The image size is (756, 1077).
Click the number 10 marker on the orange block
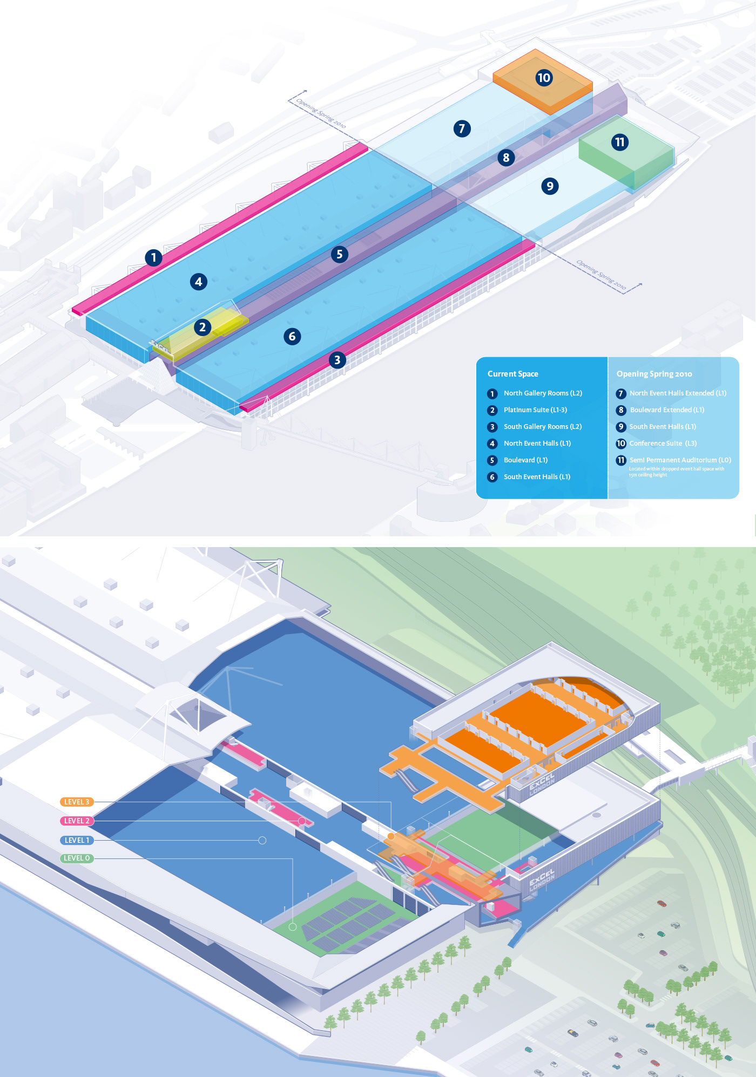544,78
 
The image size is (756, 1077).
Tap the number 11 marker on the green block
619,142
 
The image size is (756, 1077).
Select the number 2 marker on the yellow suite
202,327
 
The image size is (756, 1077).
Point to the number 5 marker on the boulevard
339,254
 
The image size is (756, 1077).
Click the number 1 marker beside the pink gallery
153,257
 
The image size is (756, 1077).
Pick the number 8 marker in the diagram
506,158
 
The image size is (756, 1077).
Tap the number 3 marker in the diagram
337,360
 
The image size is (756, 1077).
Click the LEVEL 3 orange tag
77,802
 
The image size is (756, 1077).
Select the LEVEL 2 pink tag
77,821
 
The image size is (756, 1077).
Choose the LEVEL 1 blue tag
77,840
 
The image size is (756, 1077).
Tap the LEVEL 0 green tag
77,858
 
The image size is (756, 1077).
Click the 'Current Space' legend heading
512,374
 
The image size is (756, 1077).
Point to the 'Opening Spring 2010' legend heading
654,374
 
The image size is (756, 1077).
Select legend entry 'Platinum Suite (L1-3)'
535,410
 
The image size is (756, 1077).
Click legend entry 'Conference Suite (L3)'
663,444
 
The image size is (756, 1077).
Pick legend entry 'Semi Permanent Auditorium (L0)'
680,460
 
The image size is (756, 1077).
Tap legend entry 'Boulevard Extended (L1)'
667,410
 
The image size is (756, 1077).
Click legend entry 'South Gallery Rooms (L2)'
543,427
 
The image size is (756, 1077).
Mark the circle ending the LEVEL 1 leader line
262,840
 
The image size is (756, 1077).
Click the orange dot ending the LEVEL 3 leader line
390,836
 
